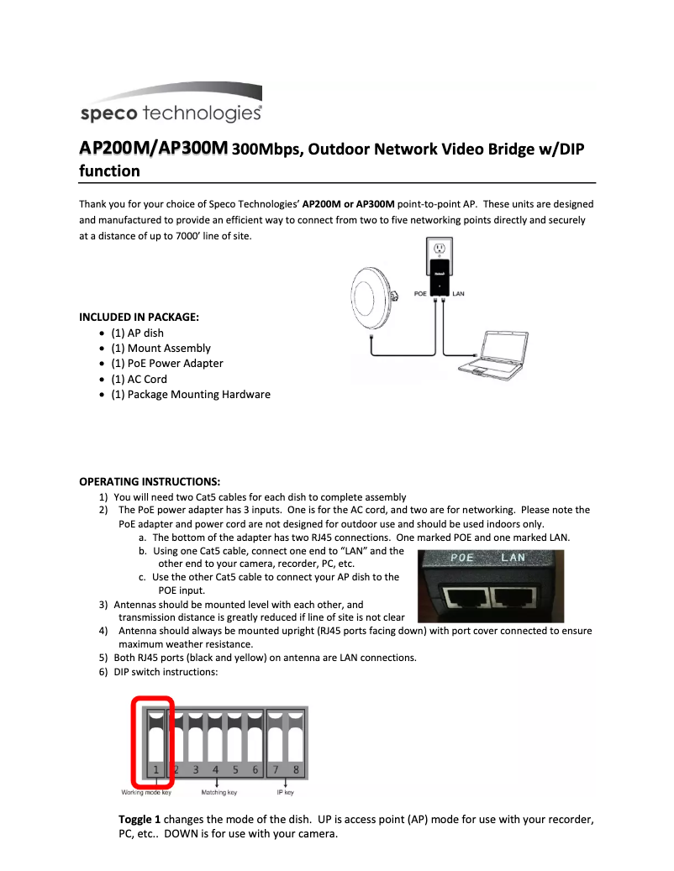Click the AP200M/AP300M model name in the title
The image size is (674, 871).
[153, 149]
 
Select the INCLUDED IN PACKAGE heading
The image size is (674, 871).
[139, 317]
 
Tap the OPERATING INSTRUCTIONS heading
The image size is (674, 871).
[150, 481]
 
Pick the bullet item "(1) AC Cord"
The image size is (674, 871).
[139, 379]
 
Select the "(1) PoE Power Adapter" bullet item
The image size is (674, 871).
[167, 364]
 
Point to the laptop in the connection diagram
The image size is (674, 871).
[496, 353]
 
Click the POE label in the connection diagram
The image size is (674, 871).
[421, 294]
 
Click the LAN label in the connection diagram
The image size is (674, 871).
[458, 294]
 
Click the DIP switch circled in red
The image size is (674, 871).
[155, 739]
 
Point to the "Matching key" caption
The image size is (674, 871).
[219, 792]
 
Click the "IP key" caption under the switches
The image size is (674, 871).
[286, 792]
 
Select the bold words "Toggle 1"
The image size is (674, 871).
[140, 819]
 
